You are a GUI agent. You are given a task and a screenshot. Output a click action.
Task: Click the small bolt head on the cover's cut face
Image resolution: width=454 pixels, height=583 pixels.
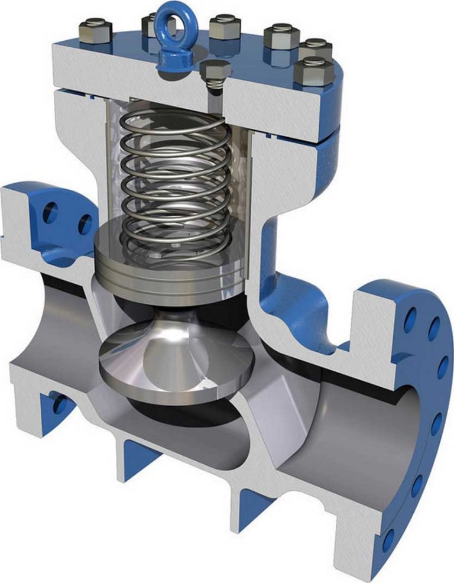pyautogui.click(x=212, y=73)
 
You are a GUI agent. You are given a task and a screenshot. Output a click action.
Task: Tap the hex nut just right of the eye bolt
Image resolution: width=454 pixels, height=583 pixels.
pyautogui.click(x=225, y=27)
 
